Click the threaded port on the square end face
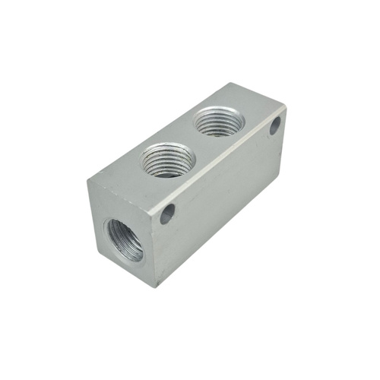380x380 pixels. [x=123, y=239]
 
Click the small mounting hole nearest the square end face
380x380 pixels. [x=167, y=214]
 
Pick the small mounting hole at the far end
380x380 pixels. [x=275, y=125]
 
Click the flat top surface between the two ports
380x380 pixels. [x=195, y=141]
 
